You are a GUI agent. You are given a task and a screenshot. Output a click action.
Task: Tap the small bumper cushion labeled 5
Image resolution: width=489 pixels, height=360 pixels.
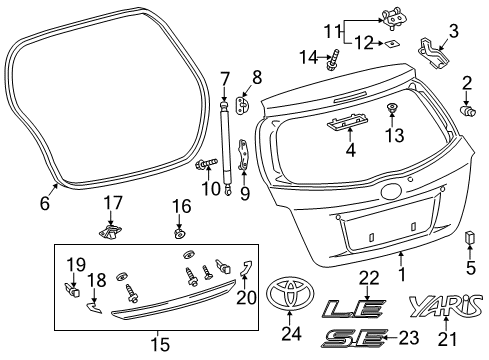(468, 238)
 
